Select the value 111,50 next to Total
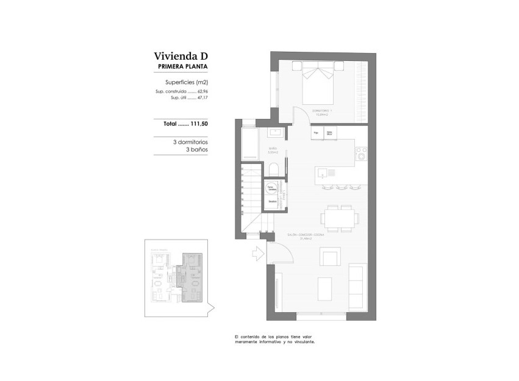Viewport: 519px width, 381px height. [x=199, y=124]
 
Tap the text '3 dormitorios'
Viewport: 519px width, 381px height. [x=190, y=141]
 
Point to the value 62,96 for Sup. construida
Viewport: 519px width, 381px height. [x=202, y=91]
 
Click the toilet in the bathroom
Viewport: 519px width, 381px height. [x=274, y=169]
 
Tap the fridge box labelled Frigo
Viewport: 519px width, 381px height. [x=317, y=132]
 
